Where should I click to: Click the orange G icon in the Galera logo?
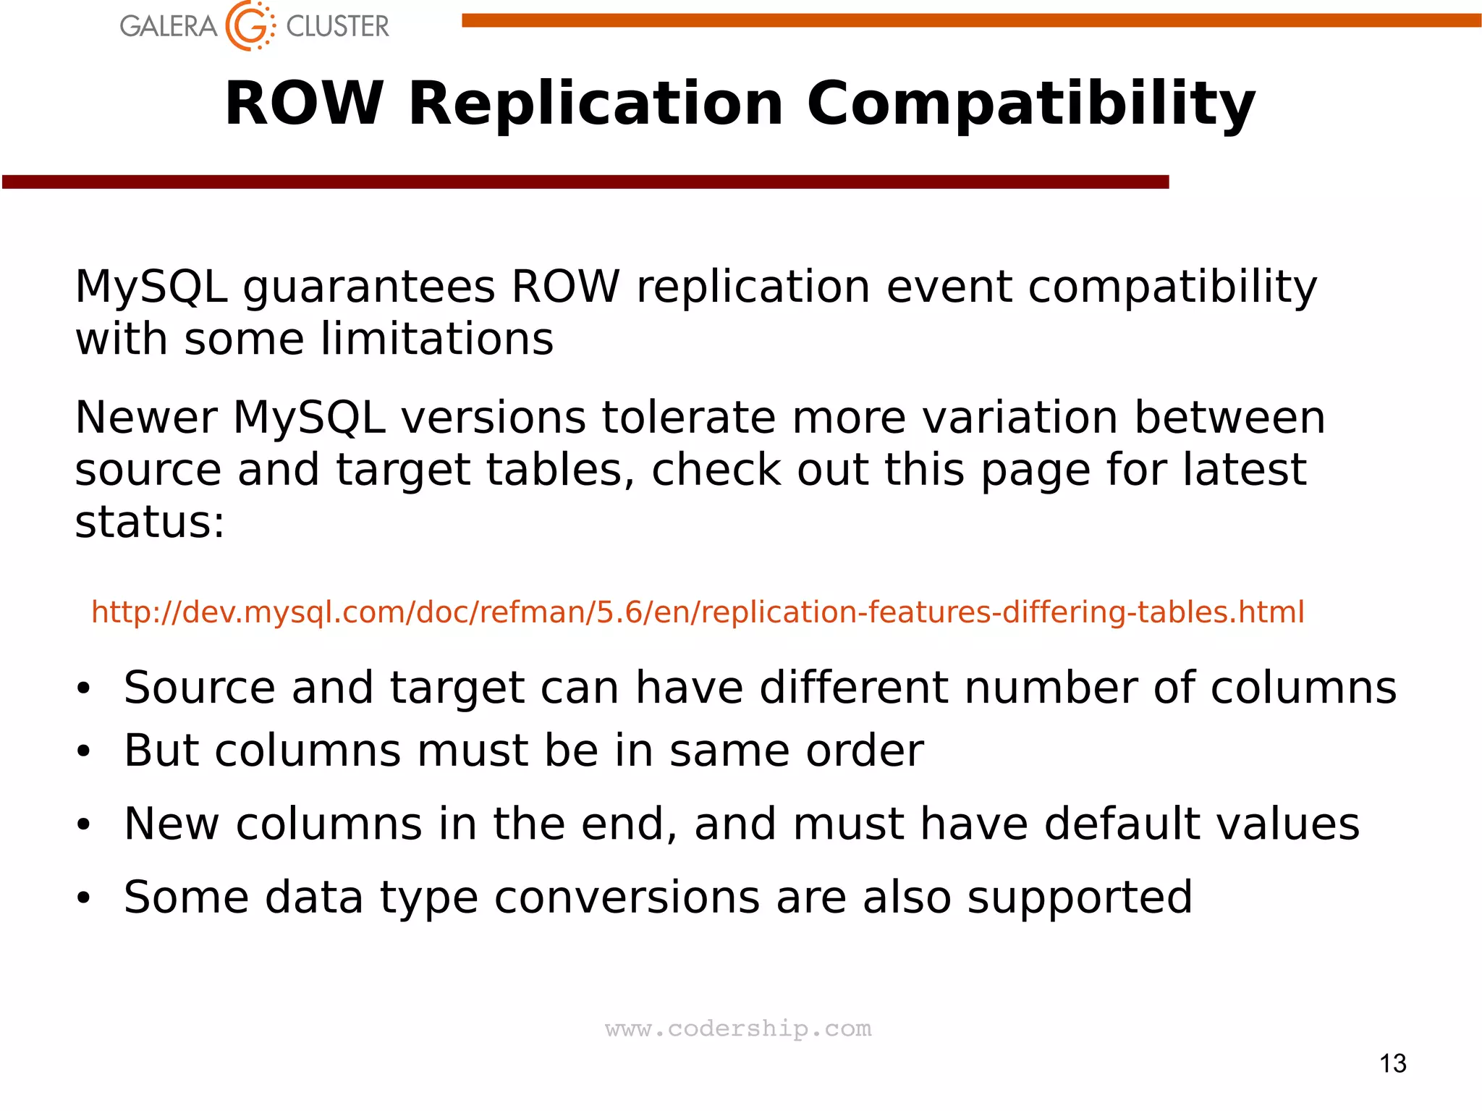click(x=250, y=26)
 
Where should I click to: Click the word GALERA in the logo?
click(x=168, y=27)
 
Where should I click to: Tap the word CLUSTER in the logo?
click(x=337, y=27)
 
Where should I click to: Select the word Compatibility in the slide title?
click(x=1030, y=104)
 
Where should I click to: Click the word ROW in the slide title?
click(x=304, y=104)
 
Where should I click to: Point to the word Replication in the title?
click(x=596, y=104)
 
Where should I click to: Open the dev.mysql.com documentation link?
click(x=698, y=612)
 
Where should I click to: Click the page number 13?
click(x=1392, y=1063)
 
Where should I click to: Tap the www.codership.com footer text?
click(x=738, y=1028)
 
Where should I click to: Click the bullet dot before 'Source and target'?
click(x=84, y=688)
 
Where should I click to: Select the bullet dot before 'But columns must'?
click(x=84, y=751)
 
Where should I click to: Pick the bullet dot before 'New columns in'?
click(x=84, y=824)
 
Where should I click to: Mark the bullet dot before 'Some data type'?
click(x=84, y=898)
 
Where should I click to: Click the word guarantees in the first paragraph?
click(x=369, y=287)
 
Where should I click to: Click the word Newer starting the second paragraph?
click(x=146, y=418)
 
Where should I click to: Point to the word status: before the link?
click(x=150, y=522)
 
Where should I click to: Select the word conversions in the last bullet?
click(x=627, y=897)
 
